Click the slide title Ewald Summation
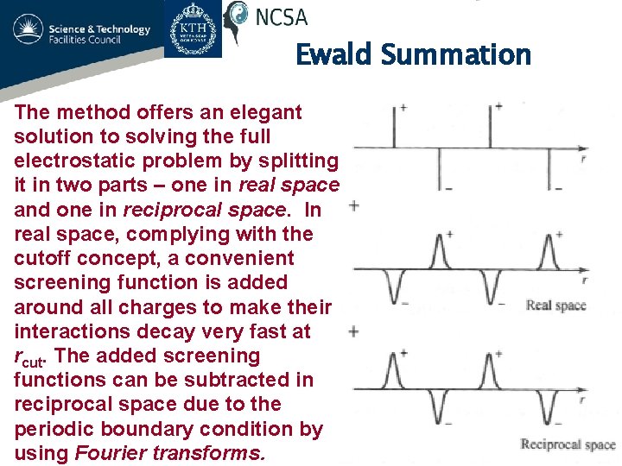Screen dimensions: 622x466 point(413,54)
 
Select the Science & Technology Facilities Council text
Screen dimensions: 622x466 point(99,35)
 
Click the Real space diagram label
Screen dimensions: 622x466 point(555,305)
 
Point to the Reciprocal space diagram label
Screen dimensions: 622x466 point(568,444)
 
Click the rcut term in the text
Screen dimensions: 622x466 point(32,356)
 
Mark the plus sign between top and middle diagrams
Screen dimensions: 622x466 point(353,205)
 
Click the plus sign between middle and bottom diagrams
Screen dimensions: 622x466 point(353,331)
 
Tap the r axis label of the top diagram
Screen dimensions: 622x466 point(585,159)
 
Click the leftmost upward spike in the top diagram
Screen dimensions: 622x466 point(396,127)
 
